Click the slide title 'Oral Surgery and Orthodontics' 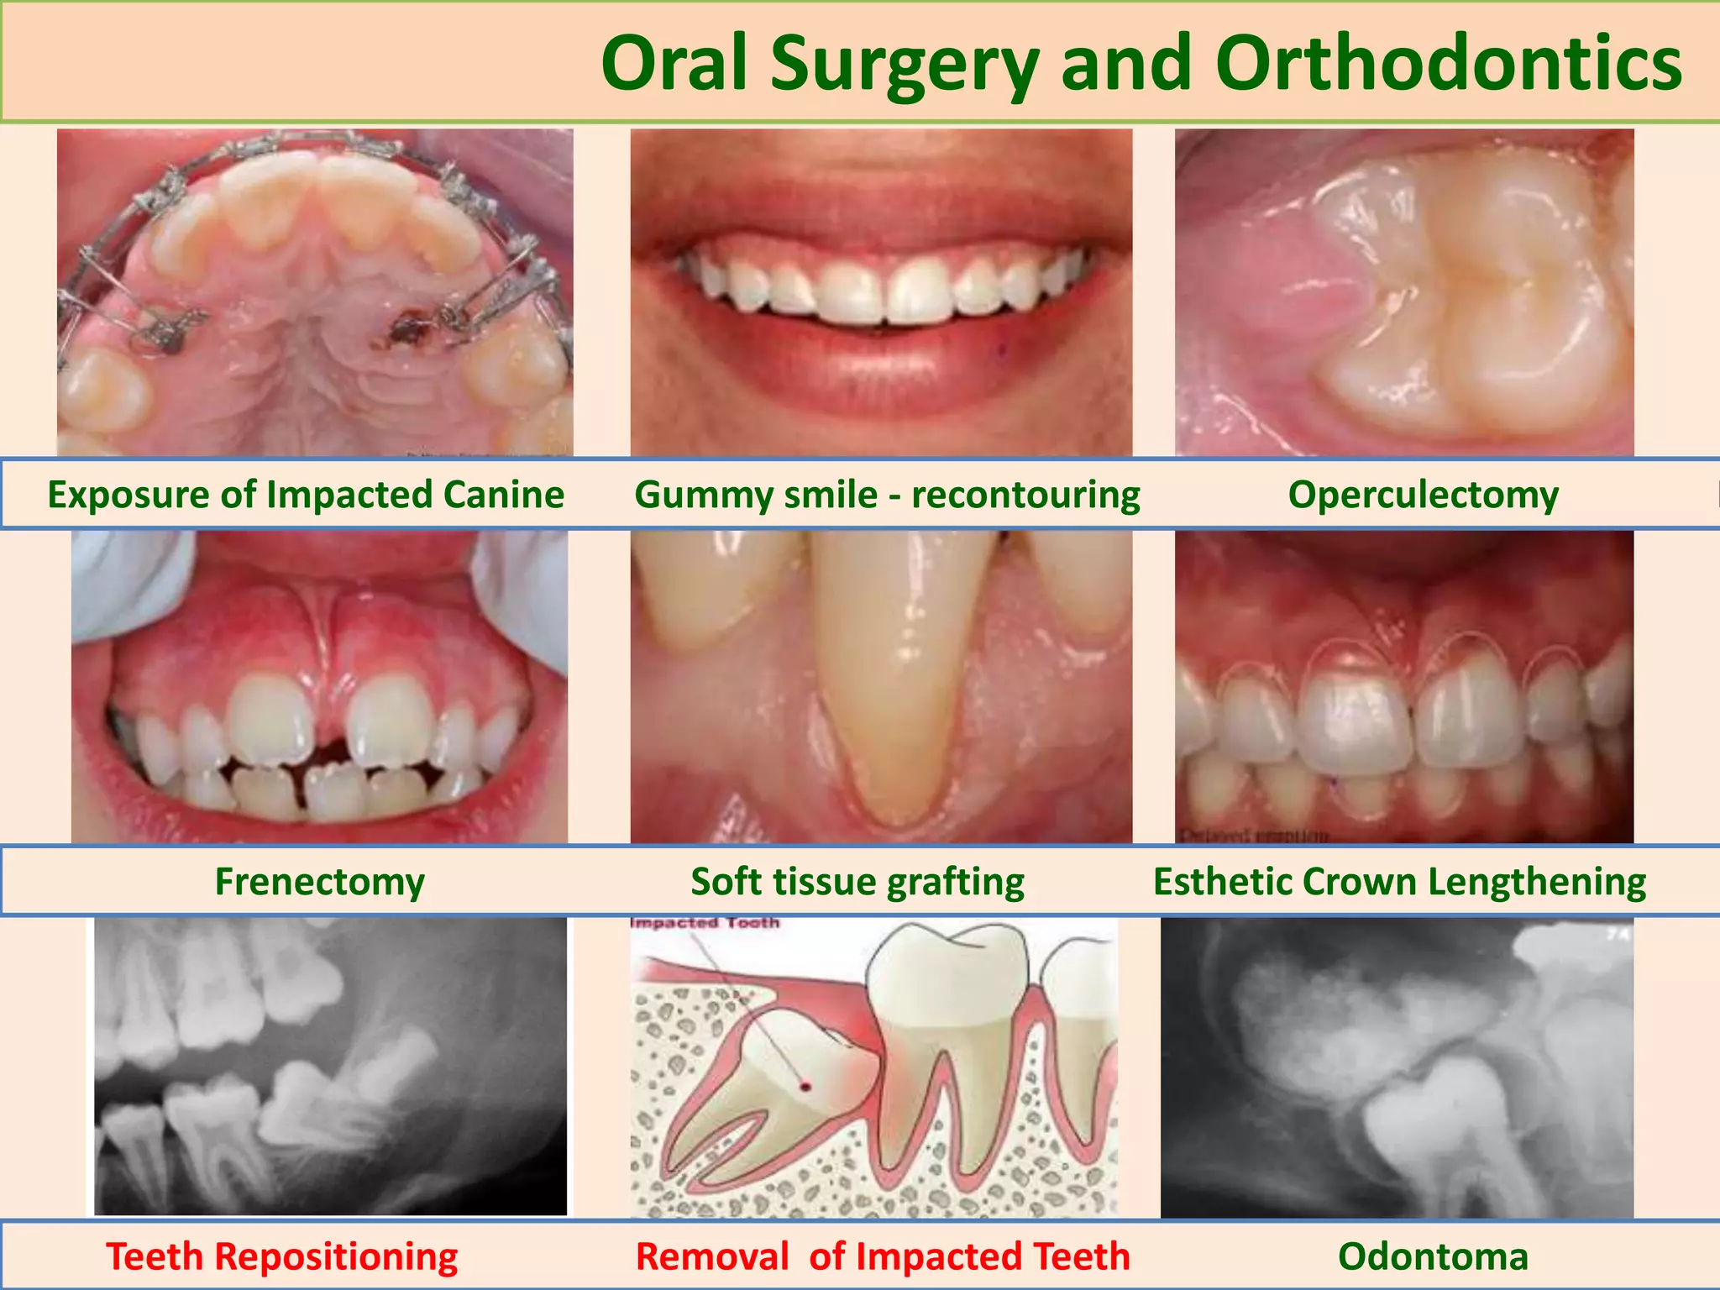[1141, 64]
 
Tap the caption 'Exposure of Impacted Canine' [306, 495]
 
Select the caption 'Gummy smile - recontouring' [887, 495]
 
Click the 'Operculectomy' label [1423, 495]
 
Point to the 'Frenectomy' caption [319, 882]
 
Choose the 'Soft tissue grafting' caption [857, 882]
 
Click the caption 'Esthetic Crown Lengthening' [1399, 882]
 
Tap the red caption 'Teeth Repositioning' [282, 1257]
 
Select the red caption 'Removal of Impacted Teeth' [883, 1257]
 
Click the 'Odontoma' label [1433, 1257]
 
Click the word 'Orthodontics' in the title [1448, 64]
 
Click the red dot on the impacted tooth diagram [805, 1087]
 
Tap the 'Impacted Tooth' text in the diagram [705, 923]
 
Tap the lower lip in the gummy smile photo [882, 370]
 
